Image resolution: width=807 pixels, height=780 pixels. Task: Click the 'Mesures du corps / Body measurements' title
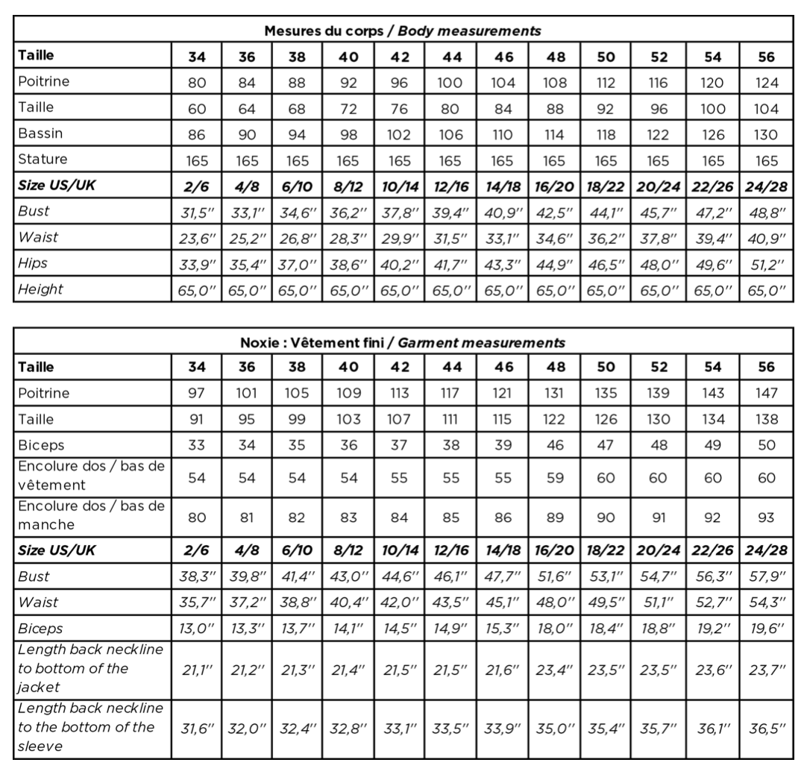[402, 31]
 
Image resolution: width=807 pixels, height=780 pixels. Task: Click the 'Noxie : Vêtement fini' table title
[402, 343]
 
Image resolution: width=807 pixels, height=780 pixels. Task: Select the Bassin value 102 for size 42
[399, 134]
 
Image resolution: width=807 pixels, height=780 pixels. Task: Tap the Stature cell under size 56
[765, 160]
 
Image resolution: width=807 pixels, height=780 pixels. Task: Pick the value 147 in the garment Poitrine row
[765, 394]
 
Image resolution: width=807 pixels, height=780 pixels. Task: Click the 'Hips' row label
[32, 263]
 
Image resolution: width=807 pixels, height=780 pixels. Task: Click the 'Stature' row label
[43, 159]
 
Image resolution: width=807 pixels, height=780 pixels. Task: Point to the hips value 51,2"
[765, 265]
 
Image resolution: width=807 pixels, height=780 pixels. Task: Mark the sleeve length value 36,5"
[765, 727]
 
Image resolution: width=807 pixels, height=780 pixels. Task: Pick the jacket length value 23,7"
[765, 669]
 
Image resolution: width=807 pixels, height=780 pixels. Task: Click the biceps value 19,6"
[765, 627]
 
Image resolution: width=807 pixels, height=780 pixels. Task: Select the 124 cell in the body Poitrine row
[765, 83]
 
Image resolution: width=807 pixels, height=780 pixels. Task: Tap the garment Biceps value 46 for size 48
[555, 446]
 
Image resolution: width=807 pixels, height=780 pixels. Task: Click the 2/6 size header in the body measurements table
[197, 186]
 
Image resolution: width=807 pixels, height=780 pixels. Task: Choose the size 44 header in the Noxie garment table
[450, 368]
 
